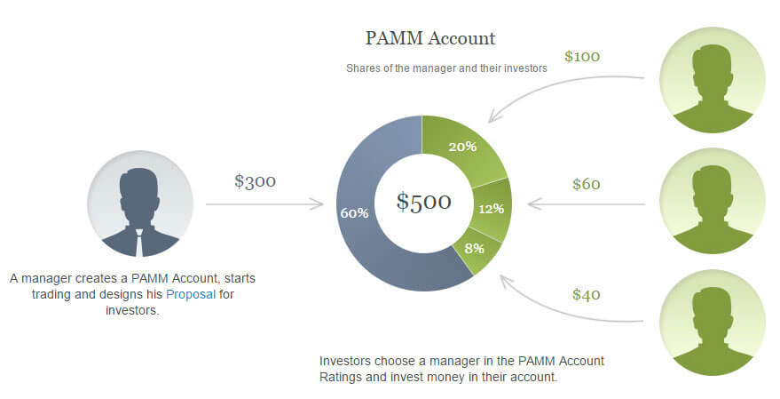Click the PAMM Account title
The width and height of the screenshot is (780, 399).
(430, 38)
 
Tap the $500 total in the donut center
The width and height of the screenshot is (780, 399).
(424, 201)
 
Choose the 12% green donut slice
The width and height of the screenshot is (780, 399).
(492, 209)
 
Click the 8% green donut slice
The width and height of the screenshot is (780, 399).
(475, 249)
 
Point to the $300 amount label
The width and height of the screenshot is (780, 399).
(256, 180)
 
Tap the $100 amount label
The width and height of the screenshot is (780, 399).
(582, 56)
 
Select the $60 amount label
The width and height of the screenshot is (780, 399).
(586, 184)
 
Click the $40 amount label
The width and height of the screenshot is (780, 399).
(586, 294)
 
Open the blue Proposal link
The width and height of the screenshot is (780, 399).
(191, 294)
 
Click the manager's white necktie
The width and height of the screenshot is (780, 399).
(139, 243)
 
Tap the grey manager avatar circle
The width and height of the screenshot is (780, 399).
(140, 203)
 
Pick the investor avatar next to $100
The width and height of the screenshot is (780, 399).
(713, 80)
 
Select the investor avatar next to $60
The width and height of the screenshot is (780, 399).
(713, 201)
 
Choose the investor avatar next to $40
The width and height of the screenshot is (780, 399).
(713, 323)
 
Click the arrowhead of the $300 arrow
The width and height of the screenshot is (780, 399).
(319, 203)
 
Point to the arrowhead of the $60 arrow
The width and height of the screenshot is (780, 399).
(533, 204)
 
